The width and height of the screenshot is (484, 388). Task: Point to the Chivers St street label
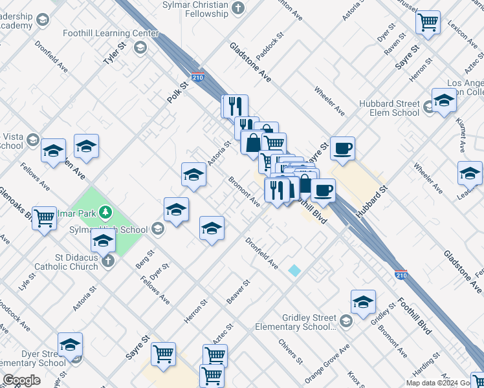point(291,350)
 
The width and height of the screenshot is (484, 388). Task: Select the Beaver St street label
point(238,292)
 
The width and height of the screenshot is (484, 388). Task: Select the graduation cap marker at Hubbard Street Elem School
point(444,101)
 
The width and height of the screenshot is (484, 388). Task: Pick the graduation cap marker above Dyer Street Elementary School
point(70,345)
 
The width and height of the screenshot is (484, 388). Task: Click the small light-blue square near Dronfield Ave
point(295,270)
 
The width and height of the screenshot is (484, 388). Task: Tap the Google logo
point(21,380)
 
